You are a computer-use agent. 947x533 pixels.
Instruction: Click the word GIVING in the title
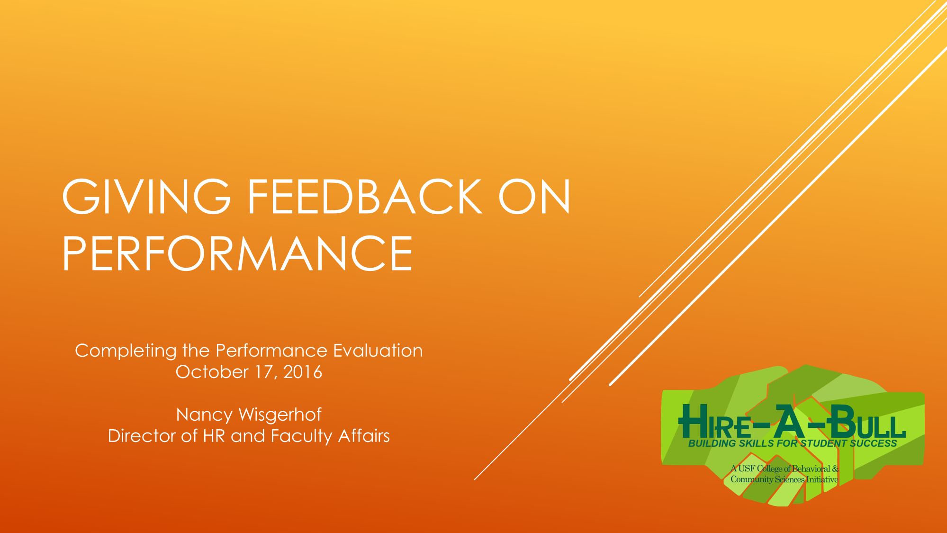pos(146,197)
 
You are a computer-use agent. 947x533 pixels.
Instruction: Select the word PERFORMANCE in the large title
pos(237,253)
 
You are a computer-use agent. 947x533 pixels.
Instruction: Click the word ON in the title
pos(534,197)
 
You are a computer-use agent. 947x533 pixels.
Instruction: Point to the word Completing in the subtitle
pos(126,351)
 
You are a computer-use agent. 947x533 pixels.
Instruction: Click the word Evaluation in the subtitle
pos(378,351)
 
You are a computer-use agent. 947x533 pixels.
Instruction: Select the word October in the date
pos(212,372)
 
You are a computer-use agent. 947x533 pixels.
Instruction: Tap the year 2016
pos(303,372)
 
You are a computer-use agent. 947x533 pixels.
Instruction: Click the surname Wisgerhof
pos(280,415)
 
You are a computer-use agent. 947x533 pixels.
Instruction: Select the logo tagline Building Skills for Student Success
pos(793,443)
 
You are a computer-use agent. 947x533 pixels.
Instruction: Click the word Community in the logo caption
pos(752,479)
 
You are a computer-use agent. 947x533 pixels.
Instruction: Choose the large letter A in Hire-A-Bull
pos(788,421)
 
